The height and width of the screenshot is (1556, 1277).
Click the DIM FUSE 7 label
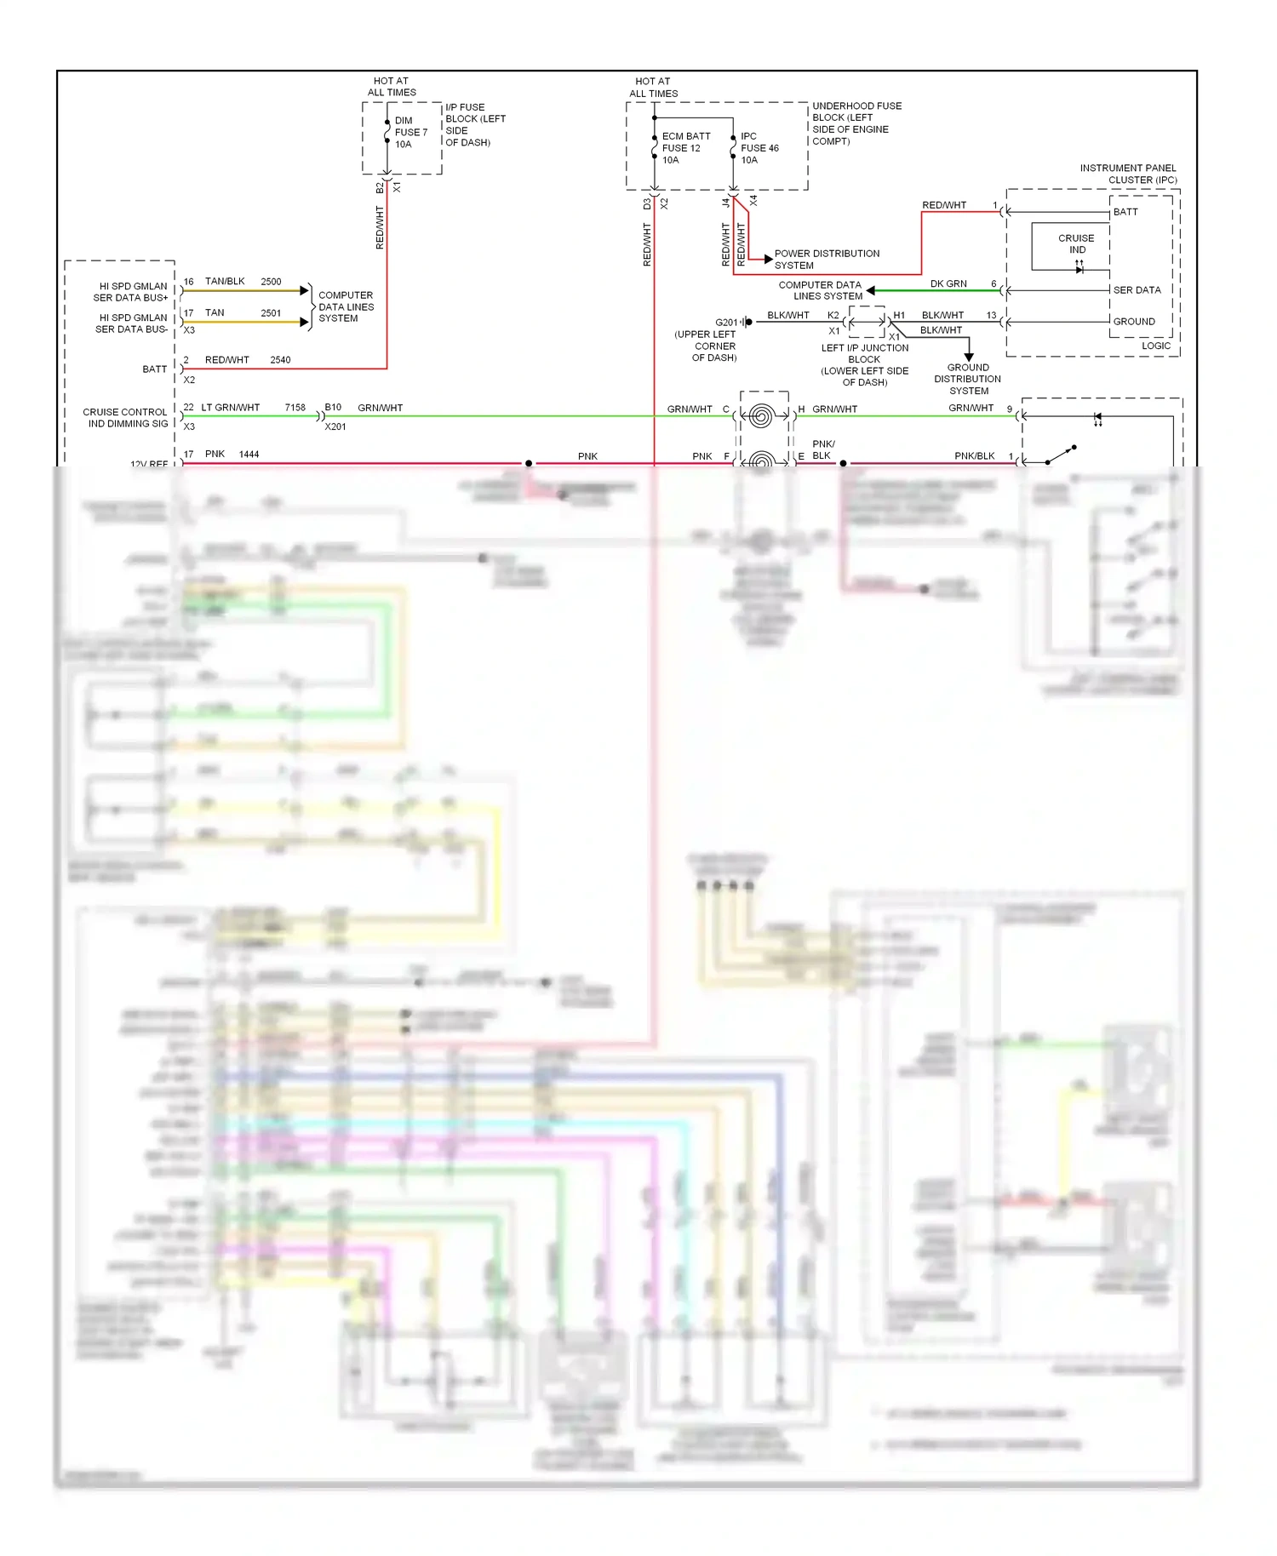coord(410,133)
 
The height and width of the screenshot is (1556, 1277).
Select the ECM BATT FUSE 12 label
coord(685,148)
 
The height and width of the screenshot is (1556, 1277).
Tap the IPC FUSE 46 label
coord(759,148)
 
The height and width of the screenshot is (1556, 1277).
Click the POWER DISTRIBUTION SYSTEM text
coord(826,260)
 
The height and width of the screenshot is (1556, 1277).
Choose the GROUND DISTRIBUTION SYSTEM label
coord(967,380)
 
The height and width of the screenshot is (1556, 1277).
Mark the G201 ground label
coord(726,323)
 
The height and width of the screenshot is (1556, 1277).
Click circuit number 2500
coord(271,282)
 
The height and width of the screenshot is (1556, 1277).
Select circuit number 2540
coord(280,360)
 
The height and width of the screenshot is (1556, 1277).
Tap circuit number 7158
coord(295,408)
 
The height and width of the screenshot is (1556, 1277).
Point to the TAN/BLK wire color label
coord(225,282)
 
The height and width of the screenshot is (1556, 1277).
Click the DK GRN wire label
coord(948,284)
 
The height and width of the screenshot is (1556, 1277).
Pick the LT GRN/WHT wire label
coord(230,408)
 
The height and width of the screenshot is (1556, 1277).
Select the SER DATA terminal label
coord(1137,290)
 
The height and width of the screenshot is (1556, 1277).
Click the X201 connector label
coord(335,426)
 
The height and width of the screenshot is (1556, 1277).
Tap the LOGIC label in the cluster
coord(1155,346)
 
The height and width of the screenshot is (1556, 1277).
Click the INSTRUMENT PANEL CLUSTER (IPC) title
coord(1128,174)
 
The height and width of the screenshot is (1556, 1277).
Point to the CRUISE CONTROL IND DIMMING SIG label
coord(126,418)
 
